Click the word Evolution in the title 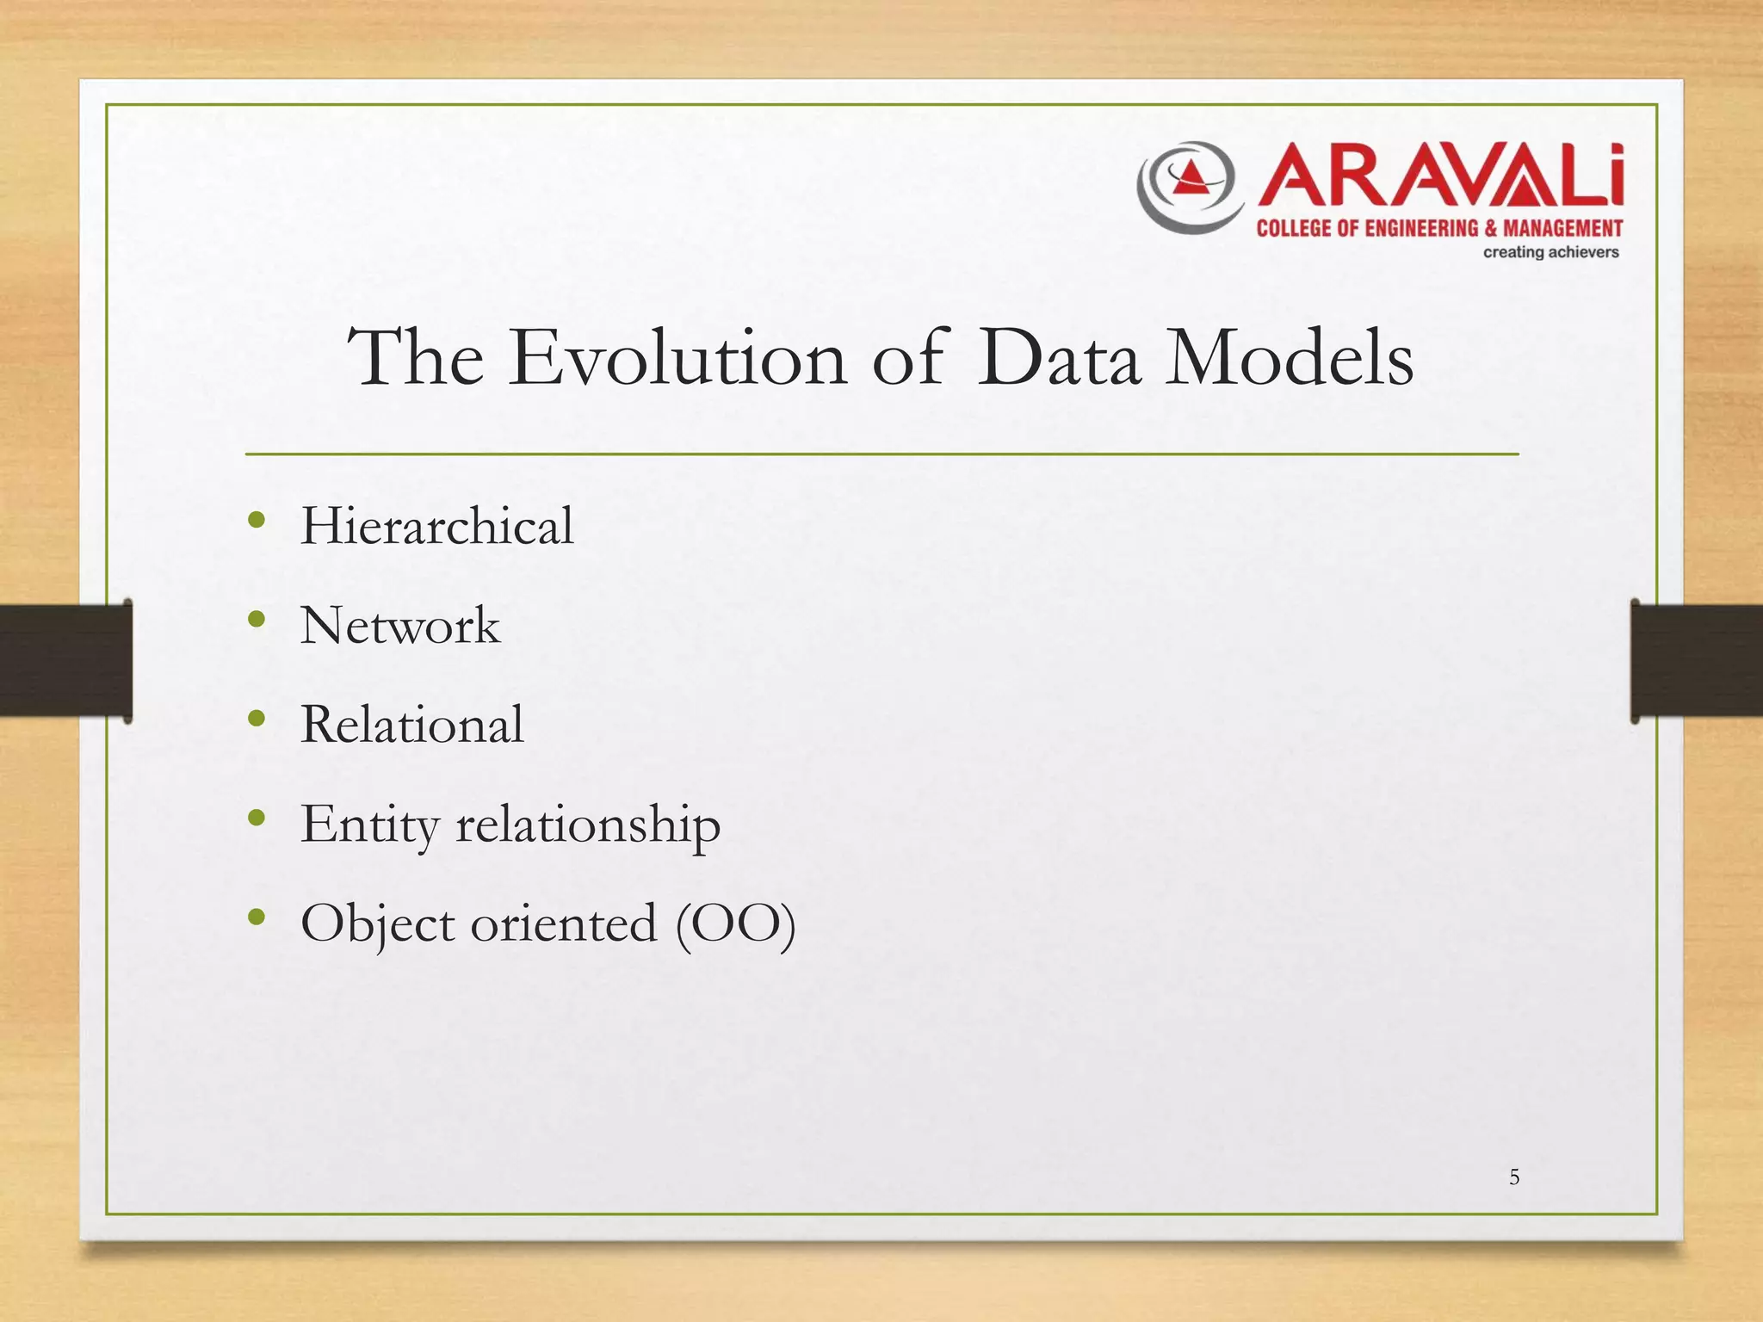point(677,358)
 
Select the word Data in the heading point(1060,358)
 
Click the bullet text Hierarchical point(436,526)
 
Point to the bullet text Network point(399,626)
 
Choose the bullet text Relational point(411,725)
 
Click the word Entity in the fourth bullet point(370,825)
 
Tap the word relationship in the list point(588,825)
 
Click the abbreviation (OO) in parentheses point(735,924)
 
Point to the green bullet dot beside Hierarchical point(256,519)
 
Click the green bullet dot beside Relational point(256,718)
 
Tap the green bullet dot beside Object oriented point(256,917)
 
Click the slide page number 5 point(1514,1177)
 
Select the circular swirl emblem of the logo point(1191,186)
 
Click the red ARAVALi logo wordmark point(1440,176)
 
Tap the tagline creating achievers point(1550,252)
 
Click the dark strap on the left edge point(65,660)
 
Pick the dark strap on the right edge point(1696,660)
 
